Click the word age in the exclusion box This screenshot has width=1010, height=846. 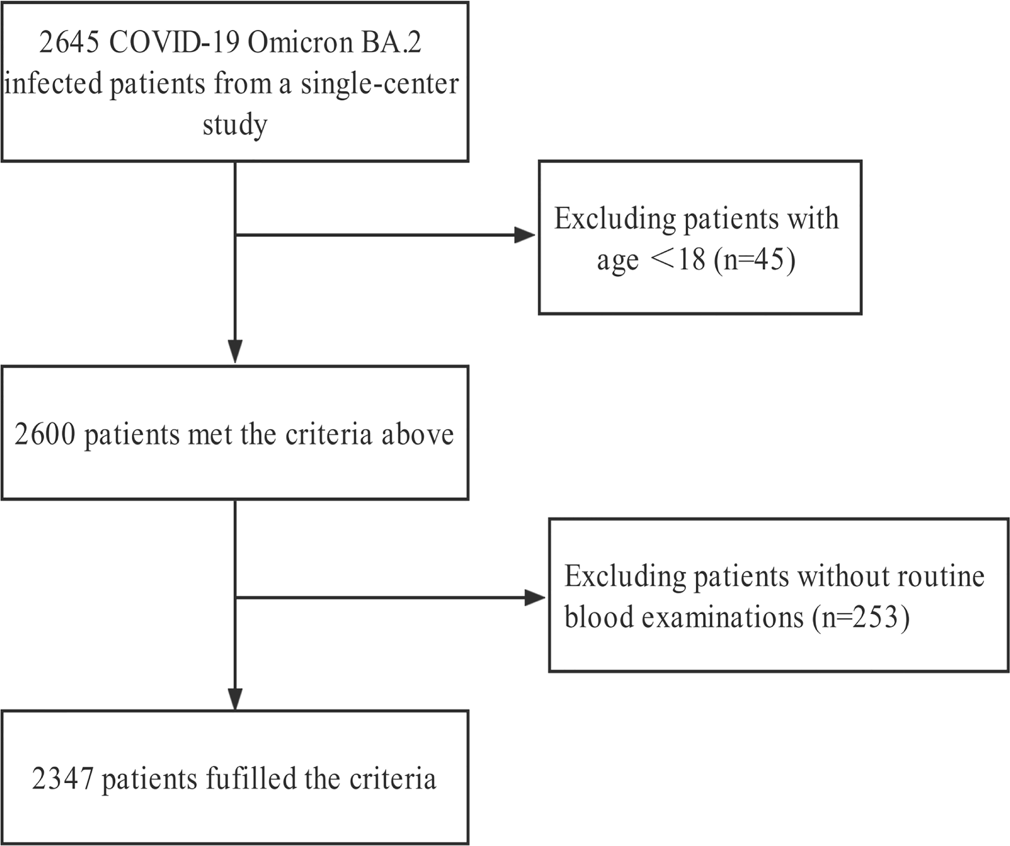pyautogui.click(x=617, y=262)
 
